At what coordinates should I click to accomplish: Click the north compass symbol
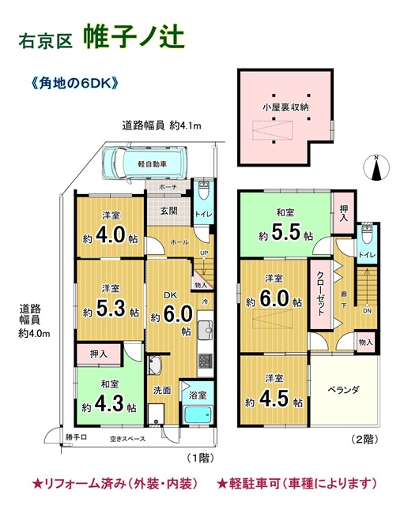[377, 168]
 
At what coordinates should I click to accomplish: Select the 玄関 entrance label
[168, 211]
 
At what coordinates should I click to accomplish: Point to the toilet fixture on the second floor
[366, 234]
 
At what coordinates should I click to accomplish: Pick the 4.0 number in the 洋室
[111, 235]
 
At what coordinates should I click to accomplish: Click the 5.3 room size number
[111, 309]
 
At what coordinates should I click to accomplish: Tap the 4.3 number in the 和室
[109, 403]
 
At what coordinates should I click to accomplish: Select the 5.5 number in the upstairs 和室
[285, 232]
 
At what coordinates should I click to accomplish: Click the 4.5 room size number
[274, 398]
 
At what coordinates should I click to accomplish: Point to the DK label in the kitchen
[171, 295]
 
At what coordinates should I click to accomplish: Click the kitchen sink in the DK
[205, 329]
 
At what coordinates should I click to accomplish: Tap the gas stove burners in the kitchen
[206, 361]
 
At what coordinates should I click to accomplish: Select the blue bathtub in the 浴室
[198, 414]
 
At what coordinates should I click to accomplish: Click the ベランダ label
[343, 389]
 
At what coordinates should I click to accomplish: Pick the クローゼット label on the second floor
[319, 294]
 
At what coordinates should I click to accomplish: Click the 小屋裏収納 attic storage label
[285, 107]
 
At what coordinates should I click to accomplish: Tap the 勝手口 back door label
[77, 436]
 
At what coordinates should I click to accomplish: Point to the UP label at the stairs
[204, 253]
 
